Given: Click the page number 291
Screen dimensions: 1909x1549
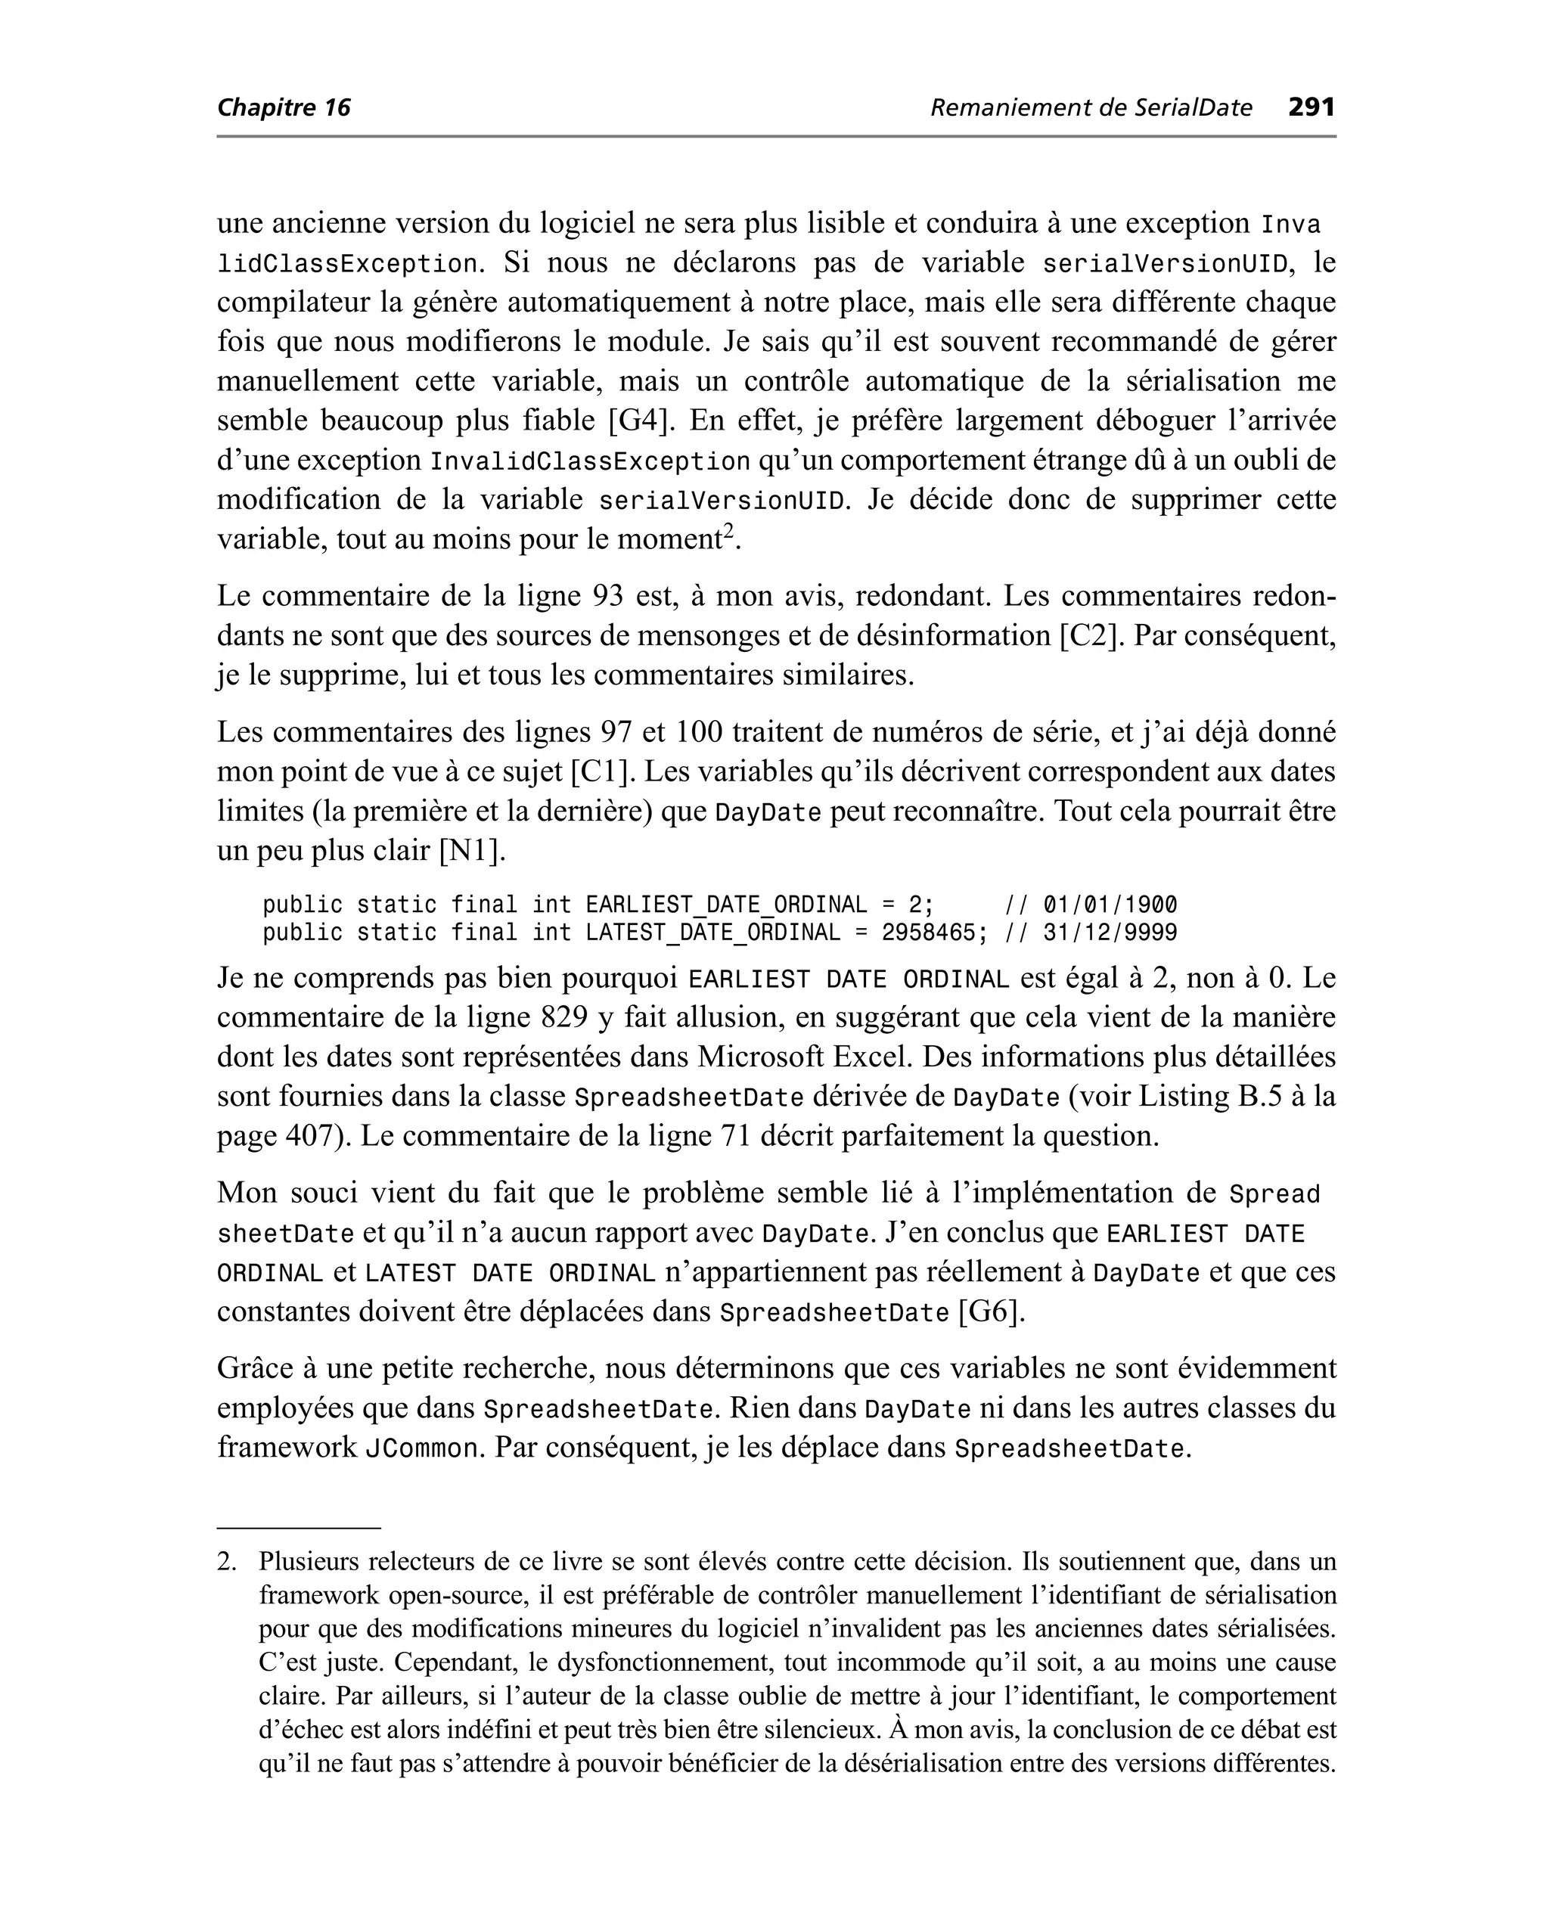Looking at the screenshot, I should [x=1311, y=108].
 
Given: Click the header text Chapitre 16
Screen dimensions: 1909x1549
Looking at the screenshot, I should [x=284, y=108].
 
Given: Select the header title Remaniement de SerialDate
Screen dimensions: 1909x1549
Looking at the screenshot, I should [x=1091, y=108].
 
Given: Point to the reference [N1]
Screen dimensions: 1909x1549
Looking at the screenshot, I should [x=472, y=850].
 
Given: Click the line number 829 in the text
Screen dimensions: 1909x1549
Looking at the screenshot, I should [x=563, y=1018].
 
